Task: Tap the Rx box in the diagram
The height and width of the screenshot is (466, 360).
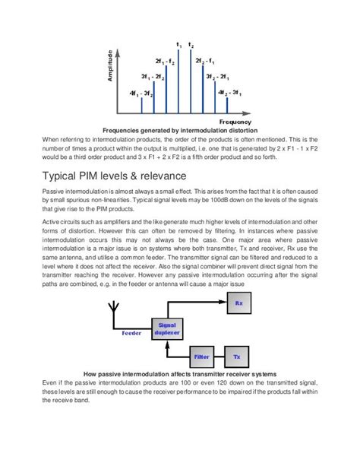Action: pyautogui.click(x=238, y=304)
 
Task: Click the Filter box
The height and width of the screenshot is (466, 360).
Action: pyautogui.click(x=201, y=357)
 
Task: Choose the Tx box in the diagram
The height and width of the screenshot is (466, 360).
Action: pyautogui.click(x=236, y=357)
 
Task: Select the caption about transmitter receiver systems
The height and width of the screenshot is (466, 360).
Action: pyautogui.click(x=179, y=372)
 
